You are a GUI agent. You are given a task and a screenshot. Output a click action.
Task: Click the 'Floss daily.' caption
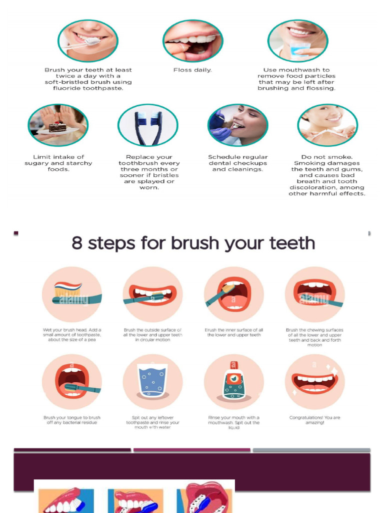192,70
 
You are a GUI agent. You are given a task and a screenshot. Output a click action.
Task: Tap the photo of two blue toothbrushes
147,125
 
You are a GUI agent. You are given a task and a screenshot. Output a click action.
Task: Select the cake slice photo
58,125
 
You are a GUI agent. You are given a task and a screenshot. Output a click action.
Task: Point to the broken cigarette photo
327,125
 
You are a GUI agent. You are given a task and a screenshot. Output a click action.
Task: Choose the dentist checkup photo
237,125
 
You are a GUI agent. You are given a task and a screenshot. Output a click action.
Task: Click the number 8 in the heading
77,243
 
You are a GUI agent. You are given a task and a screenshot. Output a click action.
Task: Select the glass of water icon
152,382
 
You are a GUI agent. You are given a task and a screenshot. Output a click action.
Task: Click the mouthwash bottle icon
233,382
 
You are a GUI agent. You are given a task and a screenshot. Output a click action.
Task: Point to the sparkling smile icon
314,382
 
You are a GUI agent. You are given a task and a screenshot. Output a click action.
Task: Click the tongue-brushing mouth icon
72,382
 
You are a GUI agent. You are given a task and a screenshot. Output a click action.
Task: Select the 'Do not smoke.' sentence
327,157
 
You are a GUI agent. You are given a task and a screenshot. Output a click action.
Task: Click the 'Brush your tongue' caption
71,420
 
